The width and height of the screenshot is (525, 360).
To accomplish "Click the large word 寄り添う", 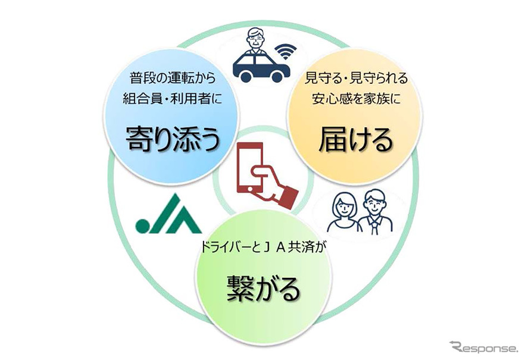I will [x=173, y=140].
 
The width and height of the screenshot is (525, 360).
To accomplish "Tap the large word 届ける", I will [x=356, y=141].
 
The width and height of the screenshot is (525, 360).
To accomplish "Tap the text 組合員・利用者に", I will [x=172, y=99].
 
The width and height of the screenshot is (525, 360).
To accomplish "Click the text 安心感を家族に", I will [x=356, y=99].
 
